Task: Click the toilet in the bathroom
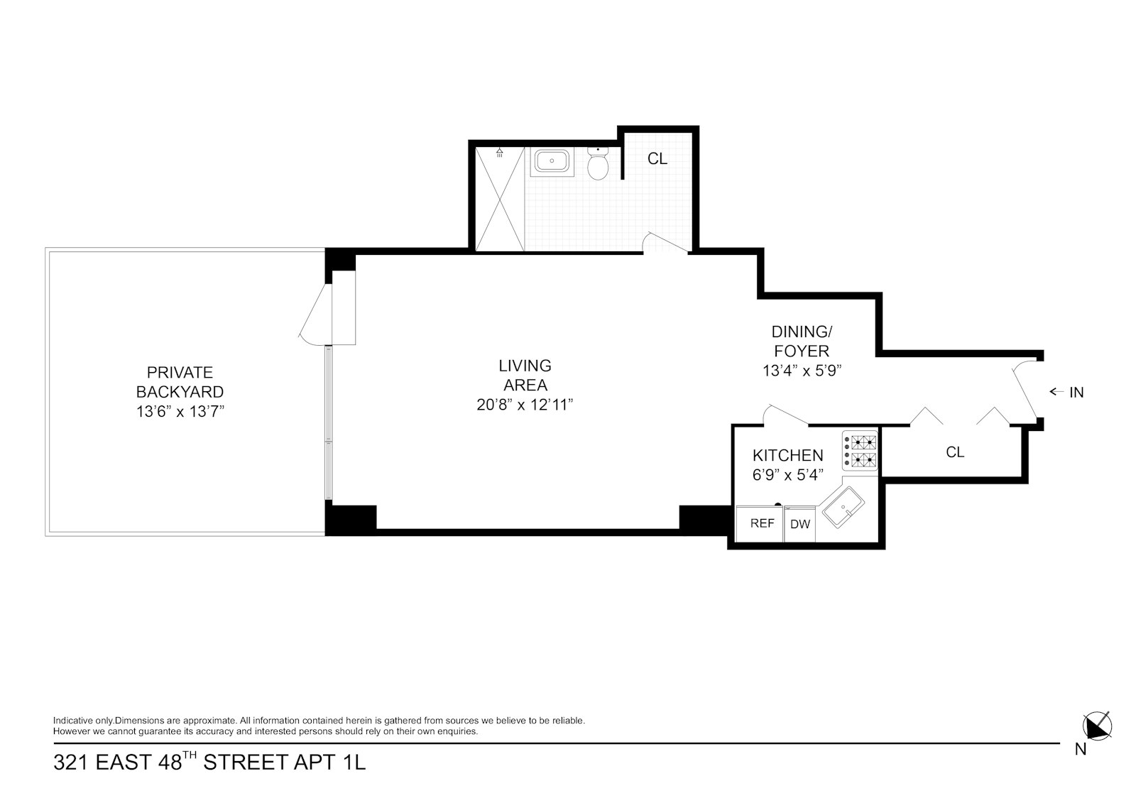click(x=598, y=163)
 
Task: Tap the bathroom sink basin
click(x=552, y=162)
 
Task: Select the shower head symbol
click(x=500, y=152)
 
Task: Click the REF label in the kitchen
click(x=763, y=523)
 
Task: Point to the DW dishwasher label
click(x=800, y=525)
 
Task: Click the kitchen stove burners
click(x=860, y=451)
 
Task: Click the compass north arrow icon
click(x=1098, y=726)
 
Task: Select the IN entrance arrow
click(x=1057, y=392)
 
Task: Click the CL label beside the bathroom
click(x=657, y=159)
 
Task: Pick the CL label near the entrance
click(x=955, y=452)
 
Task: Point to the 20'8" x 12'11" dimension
click(x=525, y=405)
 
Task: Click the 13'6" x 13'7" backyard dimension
click(x=180, y=411)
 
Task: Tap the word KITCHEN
click(x=787, y=455)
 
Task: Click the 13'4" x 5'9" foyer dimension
click(x=802, y=371)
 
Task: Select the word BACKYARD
click(x=180, y=392)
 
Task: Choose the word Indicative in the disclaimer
click(x=73, y=721)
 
